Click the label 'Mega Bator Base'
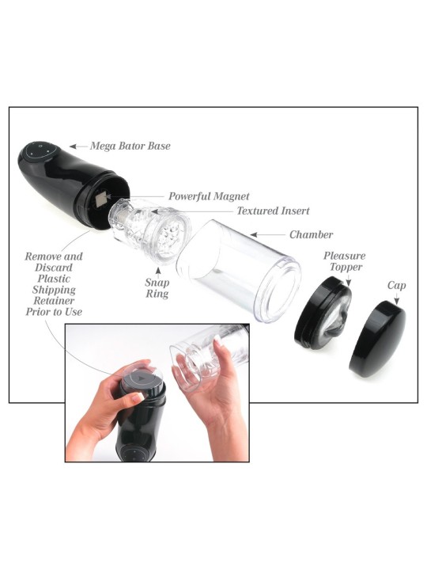[x=130, y=146]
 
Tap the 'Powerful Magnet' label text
[x=209, y=196]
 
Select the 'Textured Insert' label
[x=273, y=211]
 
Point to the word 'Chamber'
[x=312, y=235]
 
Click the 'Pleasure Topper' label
[x=345, y=261]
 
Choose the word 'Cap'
[x=396, y=286]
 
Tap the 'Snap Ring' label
[x=157, y=288]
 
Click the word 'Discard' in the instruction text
[x=54, y=268]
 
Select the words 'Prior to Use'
[x=54, y=312]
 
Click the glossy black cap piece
[x=378, y=338]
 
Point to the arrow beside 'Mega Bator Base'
[x=78, y=146]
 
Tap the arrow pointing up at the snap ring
[x=157, y=271]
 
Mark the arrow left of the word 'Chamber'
[x=268, y=235]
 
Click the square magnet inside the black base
[x=102, y=199]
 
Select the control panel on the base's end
[x=40, y=152]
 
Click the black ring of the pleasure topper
[x=312, y=313]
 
